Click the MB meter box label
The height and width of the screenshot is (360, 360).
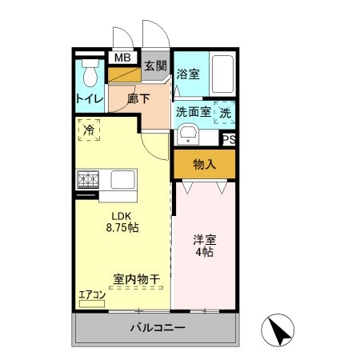coord(122,58)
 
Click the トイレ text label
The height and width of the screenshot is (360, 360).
coord(88,99)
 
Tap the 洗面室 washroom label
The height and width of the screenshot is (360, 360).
coord(194,112)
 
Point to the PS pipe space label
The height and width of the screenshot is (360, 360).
coord(229,139)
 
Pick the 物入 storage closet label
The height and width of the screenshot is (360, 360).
coord(205,165)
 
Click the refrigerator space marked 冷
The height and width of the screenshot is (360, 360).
coord(88,129)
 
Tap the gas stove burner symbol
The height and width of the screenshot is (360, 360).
coord(86,179)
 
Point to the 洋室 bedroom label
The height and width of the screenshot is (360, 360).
coord(204,239)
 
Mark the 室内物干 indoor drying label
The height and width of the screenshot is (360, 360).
coord(136,279)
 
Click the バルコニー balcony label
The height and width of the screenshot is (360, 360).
coord(158,329)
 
